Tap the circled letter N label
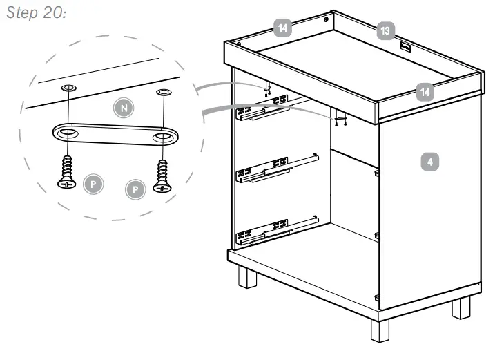[122, 108]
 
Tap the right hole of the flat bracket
[164, 137]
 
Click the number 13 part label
[385, 30]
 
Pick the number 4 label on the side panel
[429, 162]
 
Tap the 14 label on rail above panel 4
[425, 90]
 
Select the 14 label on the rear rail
[282, 28]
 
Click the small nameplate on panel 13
[405, 48]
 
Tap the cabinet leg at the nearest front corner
[379, 330]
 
